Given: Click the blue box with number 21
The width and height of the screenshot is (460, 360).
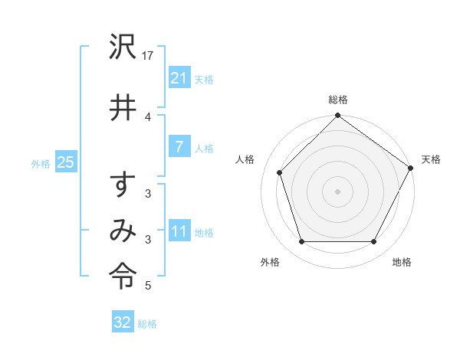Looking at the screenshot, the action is pyautogui.click(x=179, y=77).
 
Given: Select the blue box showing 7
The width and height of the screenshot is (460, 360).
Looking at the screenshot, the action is pyautogui.click(x=179, y=147).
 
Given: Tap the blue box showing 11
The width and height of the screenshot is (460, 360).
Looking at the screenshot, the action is pyautogui.click(x=179, y=231).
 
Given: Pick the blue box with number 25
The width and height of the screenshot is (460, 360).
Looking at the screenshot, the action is pyautogui.click(x=65, y=162).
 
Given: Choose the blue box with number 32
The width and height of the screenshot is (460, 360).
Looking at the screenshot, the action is pyautogui.click(x=123, y=322).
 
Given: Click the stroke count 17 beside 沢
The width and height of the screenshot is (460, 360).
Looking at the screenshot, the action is pyautogui.click(x=149, y=56).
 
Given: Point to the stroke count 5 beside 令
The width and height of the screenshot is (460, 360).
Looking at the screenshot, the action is pyautogui.click(x=148, y=286).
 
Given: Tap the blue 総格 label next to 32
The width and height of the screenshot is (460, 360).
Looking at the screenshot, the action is pyautogui.click(x=147, y=324).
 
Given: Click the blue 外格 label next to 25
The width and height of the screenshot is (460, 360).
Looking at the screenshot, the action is pyautogui.click(x=40, y=163).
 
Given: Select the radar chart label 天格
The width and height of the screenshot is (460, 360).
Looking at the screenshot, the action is pyautogui.click(x=431, y=159).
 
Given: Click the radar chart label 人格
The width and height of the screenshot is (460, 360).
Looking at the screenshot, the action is pyautogui.click(x=245, y=159).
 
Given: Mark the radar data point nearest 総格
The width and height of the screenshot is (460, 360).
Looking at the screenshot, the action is pyautogui.click(x=337, y=116).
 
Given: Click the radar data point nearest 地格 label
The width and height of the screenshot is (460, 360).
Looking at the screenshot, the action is pyautogui.click(x=374, y=242).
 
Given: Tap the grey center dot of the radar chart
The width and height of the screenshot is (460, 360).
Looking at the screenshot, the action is pyautogui.click(x=337, y=191).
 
